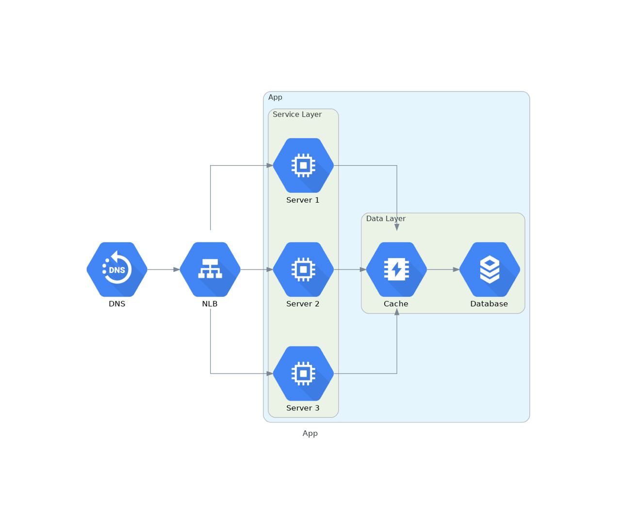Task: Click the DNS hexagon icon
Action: tap(117, 269)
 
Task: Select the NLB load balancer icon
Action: tap(210, 269)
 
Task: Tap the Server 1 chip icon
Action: tap(303, 165)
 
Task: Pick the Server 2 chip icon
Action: tap(303, 269)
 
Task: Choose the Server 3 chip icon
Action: tap(303, 373)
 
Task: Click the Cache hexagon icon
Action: tap(396, 269)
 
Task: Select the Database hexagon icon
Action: tap(490, 269)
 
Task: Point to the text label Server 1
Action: tap(303, 200)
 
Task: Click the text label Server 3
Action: tap(303, 408)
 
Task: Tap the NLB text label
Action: tap(210, 304)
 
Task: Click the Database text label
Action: tap(489, 304)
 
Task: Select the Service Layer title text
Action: tap(297, 115)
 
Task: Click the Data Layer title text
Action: tap(386, 219)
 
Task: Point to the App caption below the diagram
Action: tap(310, 433)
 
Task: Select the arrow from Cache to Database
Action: tap(443, 270)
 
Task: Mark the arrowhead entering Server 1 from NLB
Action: tap(270, 166)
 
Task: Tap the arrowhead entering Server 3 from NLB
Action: tap(270, 374)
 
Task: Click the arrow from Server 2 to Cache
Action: tap(350, 270)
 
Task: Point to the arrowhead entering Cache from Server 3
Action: tap(397, 312)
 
